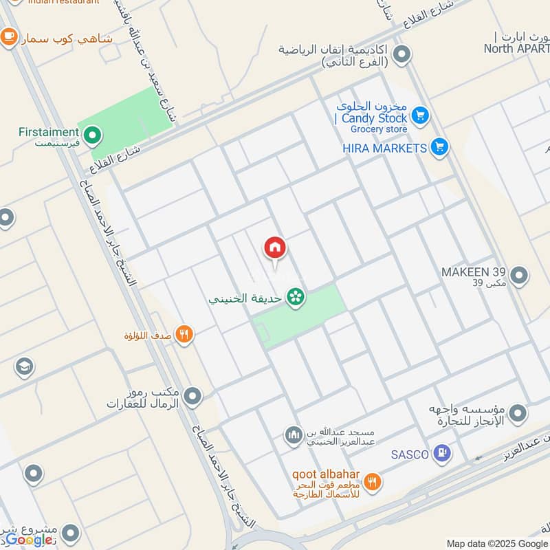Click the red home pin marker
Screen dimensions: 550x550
pos(275,248)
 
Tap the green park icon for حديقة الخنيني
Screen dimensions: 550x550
pos(296,298)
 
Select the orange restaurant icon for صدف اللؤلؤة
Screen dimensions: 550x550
pos(184,335)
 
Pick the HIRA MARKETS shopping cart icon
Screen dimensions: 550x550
pos(439,146)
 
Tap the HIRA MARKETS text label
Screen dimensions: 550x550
pos(385,147)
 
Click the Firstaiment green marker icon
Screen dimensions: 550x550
pos(91,135)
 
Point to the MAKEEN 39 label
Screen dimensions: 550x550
pos(474,272)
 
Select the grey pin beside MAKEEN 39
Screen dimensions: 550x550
pos(519,276)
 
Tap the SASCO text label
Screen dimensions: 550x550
pos(410,454)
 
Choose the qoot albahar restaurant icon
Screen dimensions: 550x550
pos(373,482)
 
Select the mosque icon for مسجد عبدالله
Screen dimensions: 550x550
pos(294,435)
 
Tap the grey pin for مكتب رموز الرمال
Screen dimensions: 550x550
pos(193,396)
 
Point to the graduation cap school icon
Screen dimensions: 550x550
pos(23,366)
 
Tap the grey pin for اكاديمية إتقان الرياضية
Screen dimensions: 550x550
pos(402,54)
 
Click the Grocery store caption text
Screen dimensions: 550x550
pos(379,129)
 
